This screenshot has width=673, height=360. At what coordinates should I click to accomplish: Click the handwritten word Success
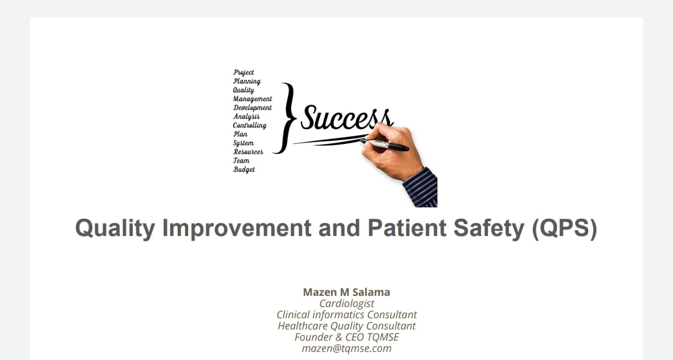click(x=346, y=118)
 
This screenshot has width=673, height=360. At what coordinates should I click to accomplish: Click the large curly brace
click(x=286, y=118)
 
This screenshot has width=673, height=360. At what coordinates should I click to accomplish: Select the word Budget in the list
click(x=244, y=169)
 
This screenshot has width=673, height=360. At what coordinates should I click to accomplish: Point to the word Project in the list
click(x=244, y=72)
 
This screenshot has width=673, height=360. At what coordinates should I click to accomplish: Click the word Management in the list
click(x=252, y=98)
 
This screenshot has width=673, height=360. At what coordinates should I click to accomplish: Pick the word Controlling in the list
click(x=249, y=125)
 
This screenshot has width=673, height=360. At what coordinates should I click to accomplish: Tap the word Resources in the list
click(x=248, y=151)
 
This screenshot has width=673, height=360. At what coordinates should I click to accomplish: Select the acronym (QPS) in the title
click(x=565, y=229)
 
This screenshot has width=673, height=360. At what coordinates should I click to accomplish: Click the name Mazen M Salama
click(x=346, y=292)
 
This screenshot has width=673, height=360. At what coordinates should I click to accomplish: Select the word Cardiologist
click(x=346, y=303)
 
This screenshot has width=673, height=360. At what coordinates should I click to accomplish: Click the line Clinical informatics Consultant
click(x=346, y=315)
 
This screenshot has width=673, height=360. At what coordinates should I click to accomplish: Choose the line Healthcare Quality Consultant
click(x=346, y=326)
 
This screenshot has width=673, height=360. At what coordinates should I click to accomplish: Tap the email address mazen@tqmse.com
click(x=346, y=348)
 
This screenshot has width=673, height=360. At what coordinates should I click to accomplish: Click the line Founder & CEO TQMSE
click(x=346, y=337)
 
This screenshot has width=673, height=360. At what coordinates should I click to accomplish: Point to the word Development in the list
click(x=252, y=108)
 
